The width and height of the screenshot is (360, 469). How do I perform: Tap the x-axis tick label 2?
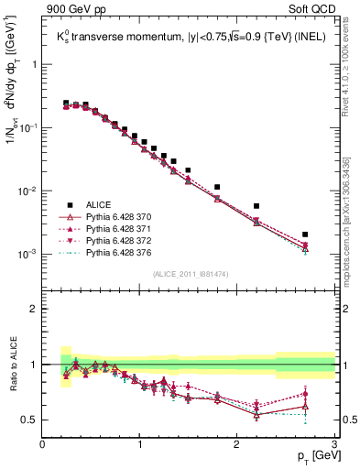[237, 444]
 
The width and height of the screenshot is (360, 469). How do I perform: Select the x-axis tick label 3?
[334, 444]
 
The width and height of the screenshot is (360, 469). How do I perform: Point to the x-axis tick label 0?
[43, 444]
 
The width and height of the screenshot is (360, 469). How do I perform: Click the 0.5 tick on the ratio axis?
[29, 420]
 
